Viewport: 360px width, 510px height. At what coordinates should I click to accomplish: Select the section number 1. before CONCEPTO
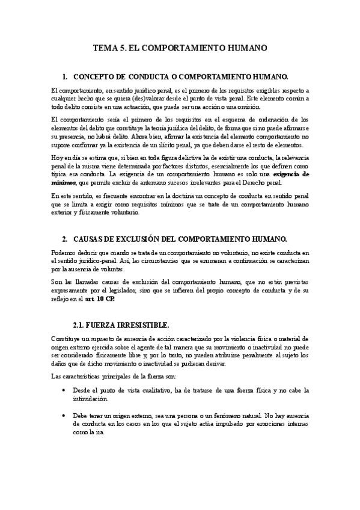click(x=66, y=77)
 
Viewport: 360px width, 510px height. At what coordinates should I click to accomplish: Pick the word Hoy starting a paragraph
click(x=58, y=157)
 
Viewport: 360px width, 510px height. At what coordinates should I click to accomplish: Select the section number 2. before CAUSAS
click(x=66, y=239)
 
